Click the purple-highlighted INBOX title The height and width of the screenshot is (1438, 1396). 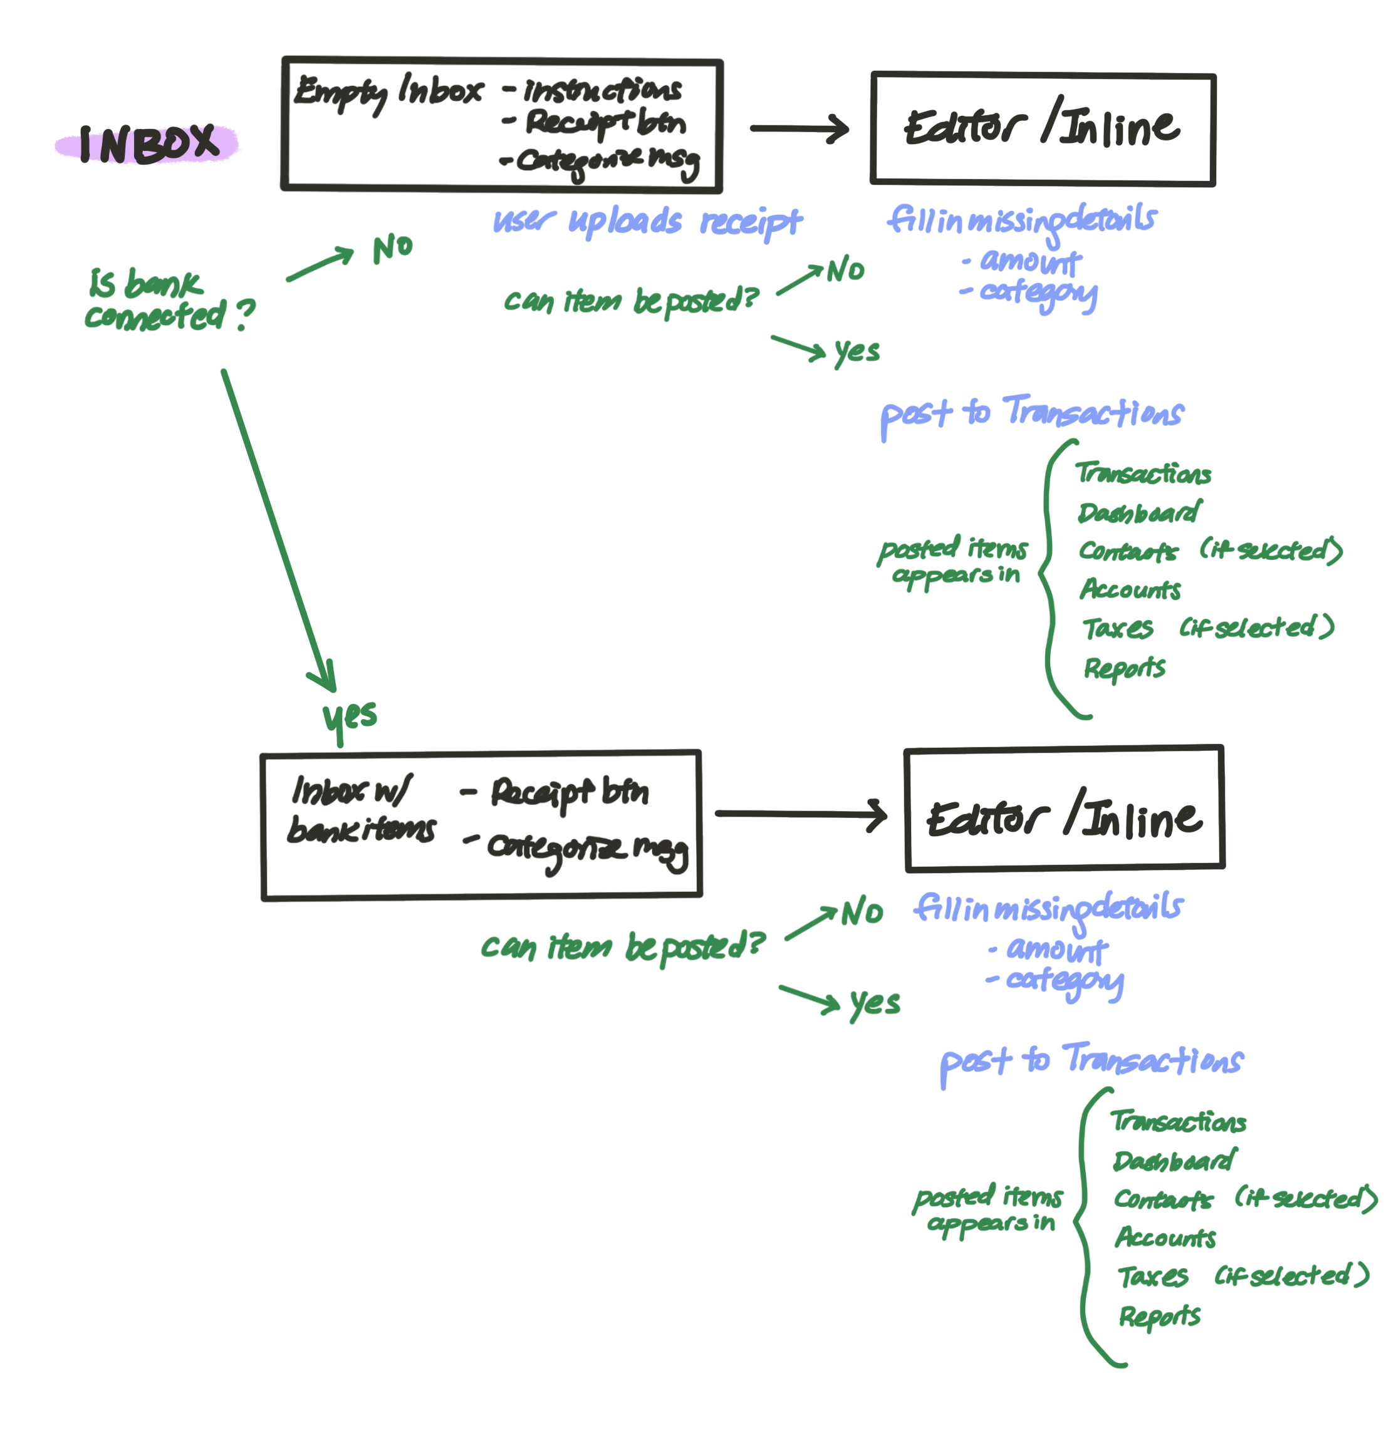click(x=148, y=143)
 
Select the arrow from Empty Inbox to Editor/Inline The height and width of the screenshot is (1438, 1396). click(x=798, y=128)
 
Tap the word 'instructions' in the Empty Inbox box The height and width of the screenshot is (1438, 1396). click(x=602, y=90)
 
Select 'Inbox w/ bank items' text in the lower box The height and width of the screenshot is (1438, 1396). click(x=360, y=810)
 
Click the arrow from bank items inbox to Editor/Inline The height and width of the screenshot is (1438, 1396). click(x=800, y=814)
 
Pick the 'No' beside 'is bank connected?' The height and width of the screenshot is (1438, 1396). click(x=393, y=249)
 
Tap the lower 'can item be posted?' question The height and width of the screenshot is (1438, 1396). click(x=622, y=947)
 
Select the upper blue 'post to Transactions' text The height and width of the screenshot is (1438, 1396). click(x=1031, y=414)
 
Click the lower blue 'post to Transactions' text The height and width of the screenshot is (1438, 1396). click(x=1091, y=1061)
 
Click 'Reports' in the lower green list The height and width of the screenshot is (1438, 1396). click(x=1160, y=1317)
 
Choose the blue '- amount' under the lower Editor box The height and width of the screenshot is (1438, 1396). click(x=1050, y=950)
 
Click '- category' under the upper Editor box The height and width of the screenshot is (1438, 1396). click(x=1029, y=292)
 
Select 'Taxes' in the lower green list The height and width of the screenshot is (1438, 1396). click(x=1153, y=1277)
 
